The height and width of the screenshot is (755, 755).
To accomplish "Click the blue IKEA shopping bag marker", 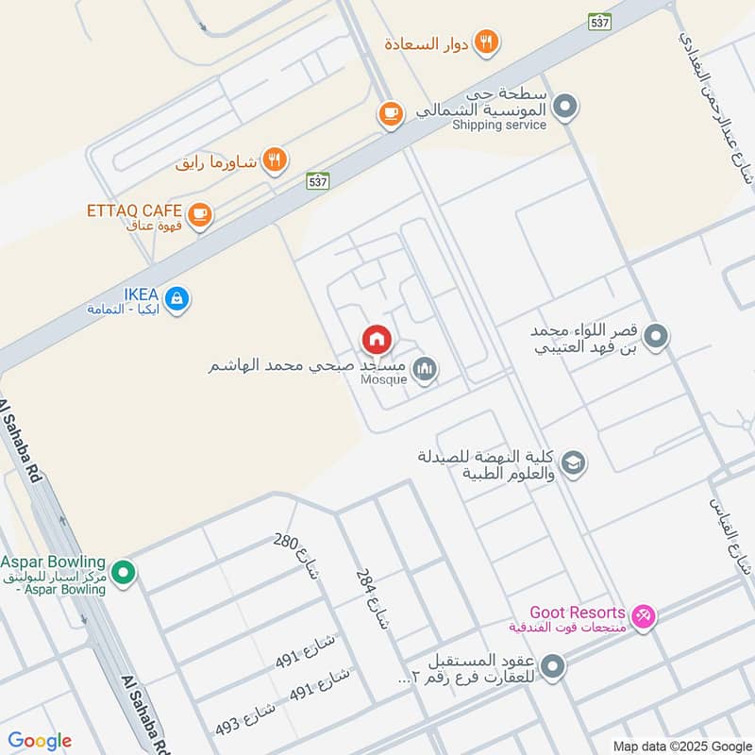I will point(176,300).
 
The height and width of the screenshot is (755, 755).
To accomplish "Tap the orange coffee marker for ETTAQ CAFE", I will point(198,215).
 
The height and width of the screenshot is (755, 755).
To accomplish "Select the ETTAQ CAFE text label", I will point(136,210).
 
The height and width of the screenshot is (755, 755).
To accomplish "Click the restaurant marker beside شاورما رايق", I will point(274,160).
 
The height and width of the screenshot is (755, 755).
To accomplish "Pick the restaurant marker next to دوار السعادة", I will point(487,42).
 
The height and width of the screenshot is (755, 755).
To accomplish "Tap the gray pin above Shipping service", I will point(564,107).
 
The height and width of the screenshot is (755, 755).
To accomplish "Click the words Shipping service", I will point(499,125).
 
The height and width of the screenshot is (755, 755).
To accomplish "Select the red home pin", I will point(377,340).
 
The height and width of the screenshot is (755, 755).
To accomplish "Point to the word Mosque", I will point(384,379).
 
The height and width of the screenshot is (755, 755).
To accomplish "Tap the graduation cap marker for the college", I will point(572,462).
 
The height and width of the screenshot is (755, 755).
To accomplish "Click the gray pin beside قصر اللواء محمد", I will point(657,336).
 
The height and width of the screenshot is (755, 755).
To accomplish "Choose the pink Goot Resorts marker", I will point(644,616).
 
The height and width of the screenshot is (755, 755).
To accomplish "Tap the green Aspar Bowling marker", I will point(122,572).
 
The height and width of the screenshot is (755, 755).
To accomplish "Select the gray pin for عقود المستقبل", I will point(556,668).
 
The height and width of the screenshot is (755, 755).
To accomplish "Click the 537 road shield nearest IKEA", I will point(318,181).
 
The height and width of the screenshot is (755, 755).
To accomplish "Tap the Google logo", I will point(40,741).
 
